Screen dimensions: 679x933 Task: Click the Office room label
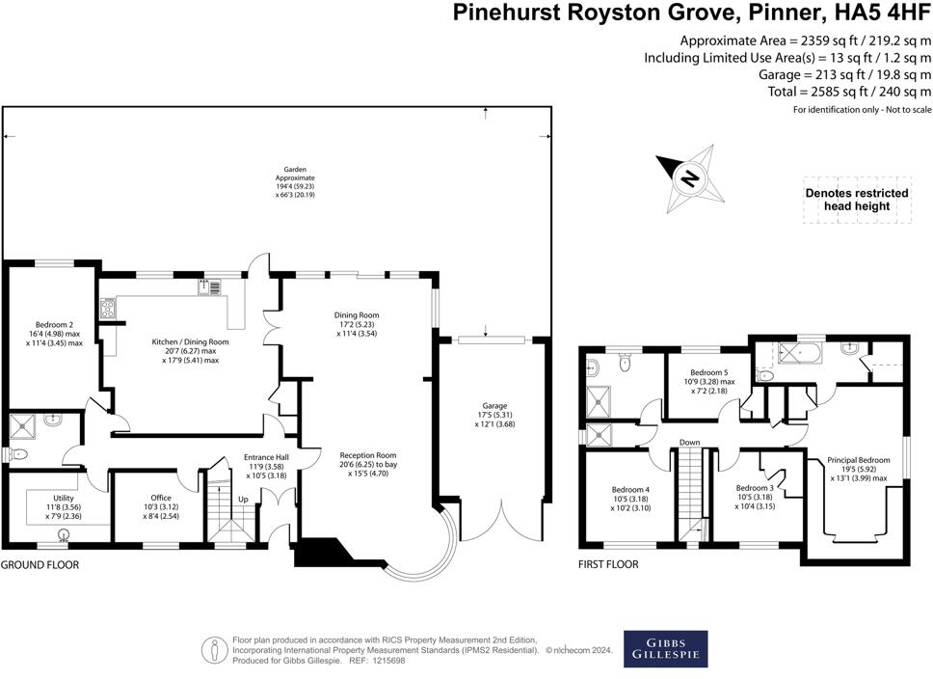tap(160, 498)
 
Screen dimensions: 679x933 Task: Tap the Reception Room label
tap(367, 454)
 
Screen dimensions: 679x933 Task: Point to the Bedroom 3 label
tap(755, 488)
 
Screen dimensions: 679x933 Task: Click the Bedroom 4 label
tap(632, 489)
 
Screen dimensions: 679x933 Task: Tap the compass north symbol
tap(689, 178)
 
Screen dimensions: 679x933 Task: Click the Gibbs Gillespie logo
tap(665, 648)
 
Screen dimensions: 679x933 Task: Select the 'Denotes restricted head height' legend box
tap(857, 200)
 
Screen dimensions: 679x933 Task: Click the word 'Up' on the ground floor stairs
tap(242, 500)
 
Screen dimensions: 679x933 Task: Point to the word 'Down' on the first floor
tap(689, 444)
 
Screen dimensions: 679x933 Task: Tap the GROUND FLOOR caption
tap(40, 565)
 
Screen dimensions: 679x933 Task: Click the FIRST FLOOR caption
tap(610, 565)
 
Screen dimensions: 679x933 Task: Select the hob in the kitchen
tap(108, 310)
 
